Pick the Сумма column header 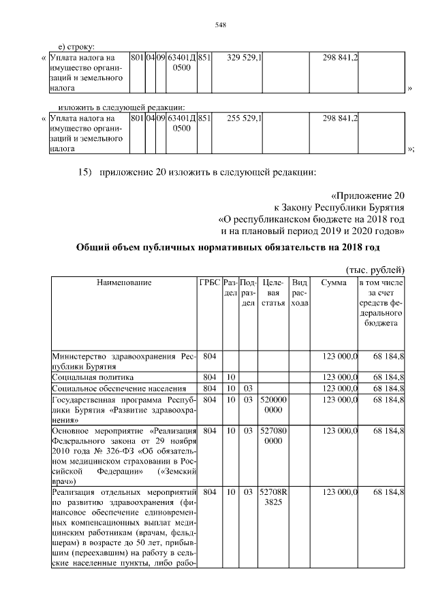[332, 282]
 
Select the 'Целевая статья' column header [272, 292]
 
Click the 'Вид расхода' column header [298, 292]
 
